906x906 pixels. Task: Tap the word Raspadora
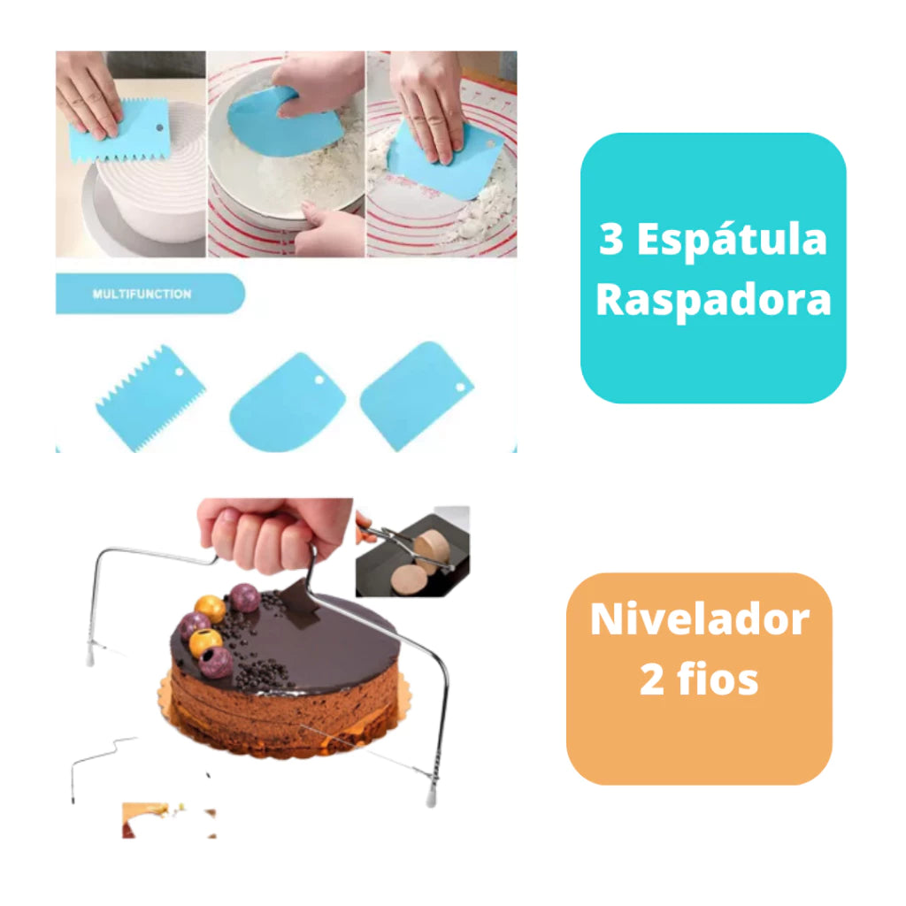[713, 301]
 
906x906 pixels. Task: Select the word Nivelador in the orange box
[699, 619]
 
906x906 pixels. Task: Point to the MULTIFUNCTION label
[142, 294]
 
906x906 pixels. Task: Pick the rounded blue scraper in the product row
[274, 403]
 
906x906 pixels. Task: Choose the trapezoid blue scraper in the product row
[415, 395]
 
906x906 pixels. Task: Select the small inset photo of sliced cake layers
[412, 552]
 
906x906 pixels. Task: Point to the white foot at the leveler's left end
[90, 657]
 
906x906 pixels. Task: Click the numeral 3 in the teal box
[611, 241]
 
